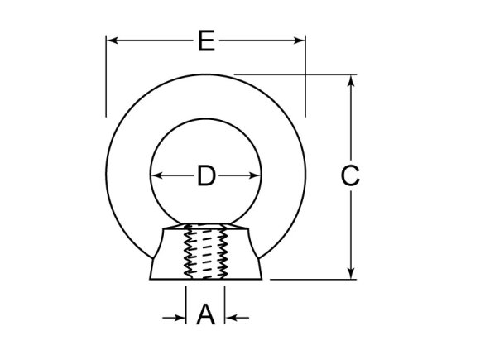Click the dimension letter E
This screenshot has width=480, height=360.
[206, 41]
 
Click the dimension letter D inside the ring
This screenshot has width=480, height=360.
[206, 175]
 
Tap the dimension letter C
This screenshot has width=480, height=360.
[350, 175]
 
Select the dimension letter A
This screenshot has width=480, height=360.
[206, 315]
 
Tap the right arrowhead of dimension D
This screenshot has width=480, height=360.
[255, 175]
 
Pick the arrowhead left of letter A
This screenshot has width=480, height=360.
[180, 316]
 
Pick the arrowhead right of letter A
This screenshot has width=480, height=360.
[232, 316]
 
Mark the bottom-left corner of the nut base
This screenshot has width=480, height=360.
[150, 278]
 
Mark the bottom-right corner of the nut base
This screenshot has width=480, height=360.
[262, 278]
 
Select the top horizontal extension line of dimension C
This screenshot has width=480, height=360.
[298, 75]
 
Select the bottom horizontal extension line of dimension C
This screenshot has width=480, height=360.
[314, 279]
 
